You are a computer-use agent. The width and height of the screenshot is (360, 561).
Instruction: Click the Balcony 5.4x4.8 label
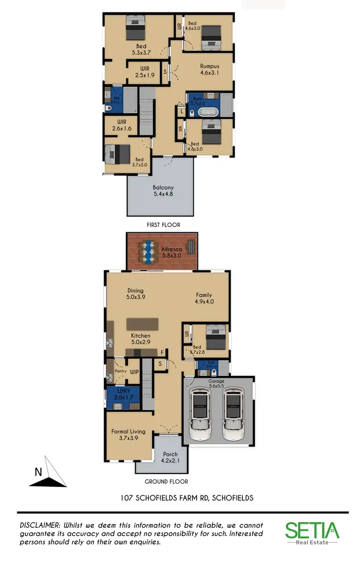click(163, 191)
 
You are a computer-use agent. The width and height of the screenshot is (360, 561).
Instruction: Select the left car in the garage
click(201, 415)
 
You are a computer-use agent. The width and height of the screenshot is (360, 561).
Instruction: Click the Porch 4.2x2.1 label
click(170, 457)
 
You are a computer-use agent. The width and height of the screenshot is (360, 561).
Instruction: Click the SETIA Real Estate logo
click(312, 533)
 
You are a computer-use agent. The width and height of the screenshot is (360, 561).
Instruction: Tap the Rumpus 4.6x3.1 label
click(209, 70)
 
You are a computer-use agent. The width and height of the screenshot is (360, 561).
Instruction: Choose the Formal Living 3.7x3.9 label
click(128, 435)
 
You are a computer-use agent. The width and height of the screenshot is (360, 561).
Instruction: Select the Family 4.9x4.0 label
click(204, 298)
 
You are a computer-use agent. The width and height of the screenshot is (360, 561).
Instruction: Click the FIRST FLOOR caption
click(163, 224)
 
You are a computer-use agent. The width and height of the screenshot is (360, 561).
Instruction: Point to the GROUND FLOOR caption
click(166, 481)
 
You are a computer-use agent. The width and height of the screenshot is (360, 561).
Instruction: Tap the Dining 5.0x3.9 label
click(135, 294)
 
